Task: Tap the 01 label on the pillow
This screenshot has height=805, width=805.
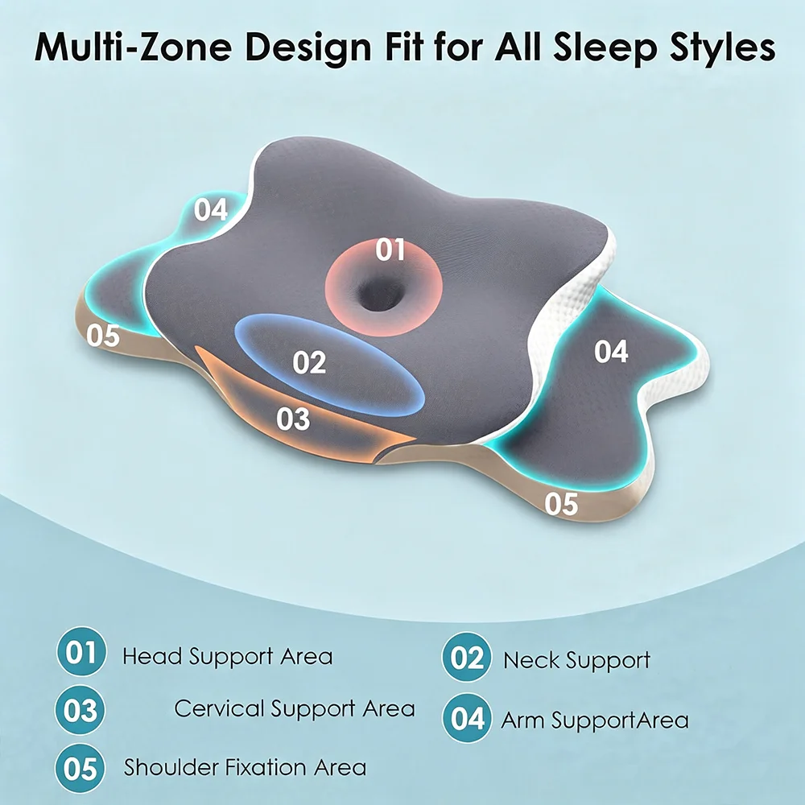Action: tap(390, 250)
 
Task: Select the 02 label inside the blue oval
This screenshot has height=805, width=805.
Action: tap(309, 362)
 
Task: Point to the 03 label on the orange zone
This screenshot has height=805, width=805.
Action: tap(293, 419)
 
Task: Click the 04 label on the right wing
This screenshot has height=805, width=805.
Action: tap(611, 352)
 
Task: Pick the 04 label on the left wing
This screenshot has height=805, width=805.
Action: tap(211, 209)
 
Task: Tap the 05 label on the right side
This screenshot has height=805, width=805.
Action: tap(561, 504)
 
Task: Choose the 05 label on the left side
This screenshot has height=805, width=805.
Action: tap(103, 335)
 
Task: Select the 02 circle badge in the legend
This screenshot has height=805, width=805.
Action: tap(467, 658)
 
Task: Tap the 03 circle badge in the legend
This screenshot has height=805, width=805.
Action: tap(80, 711)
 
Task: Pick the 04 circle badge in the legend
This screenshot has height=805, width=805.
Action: tap(467, 718)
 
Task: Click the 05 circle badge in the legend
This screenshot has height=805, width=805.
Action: tap(80, 769)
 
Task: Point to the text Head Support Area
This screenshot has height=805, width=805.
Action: tap(228, 657)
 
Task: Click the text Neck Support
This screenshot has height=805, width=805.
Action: tap(576, 661)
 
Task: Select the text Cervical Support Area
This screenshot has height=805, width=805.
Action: tap(295, 709)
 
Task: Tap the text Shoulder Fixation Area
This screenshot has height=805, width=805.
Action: tap(245, 767)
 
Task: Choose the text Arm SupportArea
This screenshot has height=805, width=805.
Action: tap(595, 720)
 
